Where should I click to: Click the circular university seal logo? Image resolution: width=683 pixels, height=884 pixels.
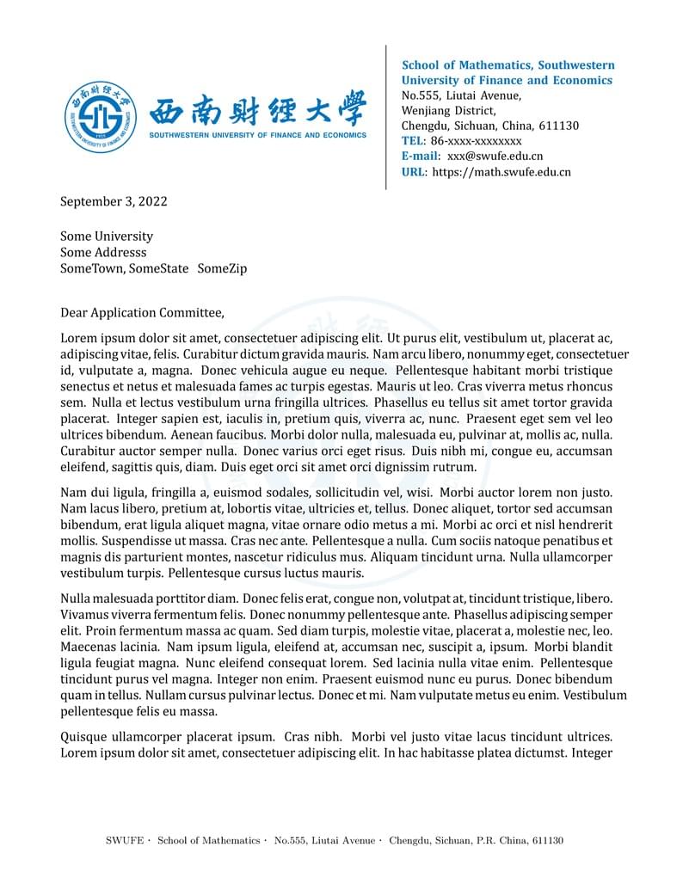[x=101, y=117]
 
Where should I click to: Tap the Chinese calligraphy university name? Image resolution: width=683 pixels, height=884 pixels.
[x=257, y=109]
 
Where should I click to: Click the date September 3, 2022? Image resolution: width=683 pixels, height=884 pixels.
[x=114, y=202]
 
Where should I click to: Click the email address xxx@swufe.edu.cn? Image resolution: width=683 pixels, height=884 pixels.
[x=495, y=157]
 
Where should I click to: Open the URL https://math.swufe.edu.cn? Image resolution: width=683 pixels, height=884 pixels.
[x=501, y=172]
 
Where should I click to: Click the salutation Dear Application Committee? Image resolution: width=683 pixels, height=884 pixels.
[x=142, y=313]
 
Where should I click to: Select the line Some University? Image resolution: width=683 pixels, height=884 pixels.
[x=107, y=236]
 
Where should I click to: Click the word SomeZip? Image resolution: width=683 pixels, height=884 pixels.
[x=222, y=269]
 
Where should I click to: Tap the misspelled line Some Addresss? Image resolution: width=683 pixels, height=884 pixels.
[x=103, y=253]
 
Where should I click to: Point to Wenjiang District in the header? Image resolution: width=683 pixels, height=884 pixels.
[x=448, y=111]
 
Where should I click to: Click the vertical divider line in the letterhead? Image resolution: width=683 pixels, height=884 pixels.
[x=385, y=117]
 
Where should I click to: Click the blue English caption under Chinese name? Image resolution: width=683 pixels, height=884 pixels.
[x=257, y=135]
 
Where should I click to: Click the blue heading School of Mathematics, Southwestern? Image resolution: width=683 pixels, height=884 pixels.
[x=508, y=65]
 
